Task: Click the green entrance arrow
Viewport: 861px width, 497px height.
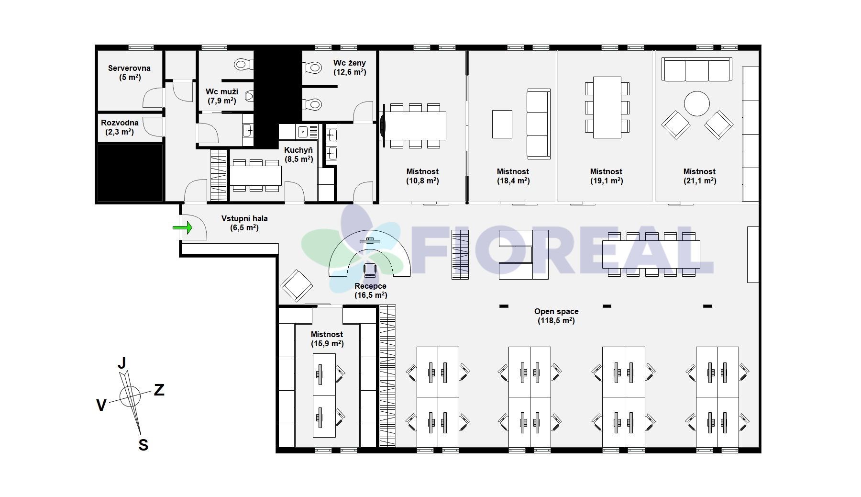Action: click(x=182, y=227)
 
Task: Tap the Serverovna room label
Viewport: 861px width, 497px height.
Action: click(x=129, y=72)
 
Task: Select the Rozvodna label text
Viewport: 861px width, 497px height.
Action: click(x=120, y=127)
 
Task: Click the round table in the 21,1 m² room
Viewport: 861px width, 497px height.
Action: click(x=697, y=103)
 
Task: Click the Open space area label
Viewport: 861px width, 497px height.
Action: click(x=556, y=316)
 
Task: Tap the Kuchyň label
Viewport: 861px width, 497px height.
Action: click(x=298, y=154)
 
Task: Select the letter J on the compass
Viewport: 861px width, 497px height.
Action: click(x=122, y=363)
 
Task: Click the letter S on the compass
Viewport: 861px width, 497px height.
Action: click(x=143, y=445)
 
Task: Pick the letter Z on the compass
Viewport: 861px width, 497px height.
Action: click(x=159, y=390)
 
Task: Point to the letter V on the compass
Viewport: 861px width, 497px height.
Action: click(x=101, y=406)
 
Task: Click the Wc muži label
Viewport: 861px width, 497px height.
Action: click(x=222, y=96)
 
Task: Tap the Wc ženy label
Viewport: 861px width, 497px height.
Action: click(x=350, y=68)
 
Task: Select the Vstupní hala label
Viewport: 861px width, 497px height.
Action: click(x=244, y=223)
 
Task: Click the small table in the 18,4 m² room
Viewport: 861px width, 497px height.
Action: click(x=502, y=124)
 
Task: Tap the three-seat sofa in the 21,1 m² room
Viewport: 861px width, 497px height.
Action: click(x=697, y=69)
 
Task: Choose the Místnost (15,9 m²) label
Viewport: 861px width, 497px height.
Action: click(x=327, y=339)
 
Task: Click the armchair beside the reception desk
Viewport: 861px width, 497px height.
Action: click(x=297, y=286)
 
